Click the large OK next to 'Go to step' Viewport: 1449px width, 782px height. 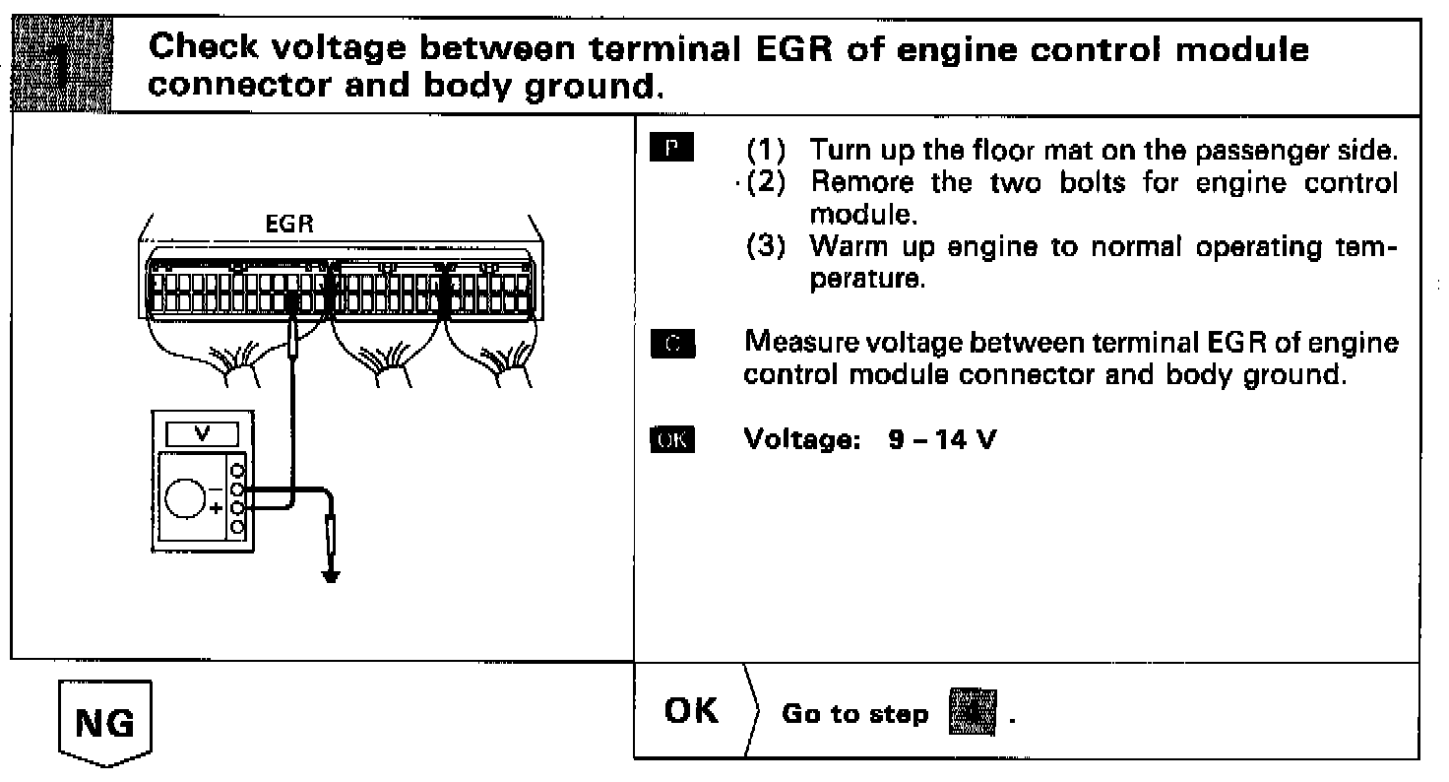pos(693,711)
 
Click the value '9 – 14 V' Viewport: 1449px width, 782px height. pos(940,439)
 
